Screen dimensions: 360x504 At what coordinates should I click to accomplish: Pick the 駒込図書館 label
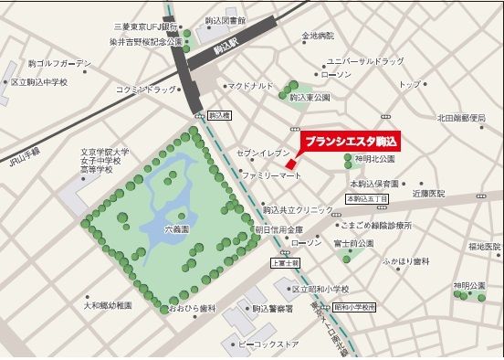coord(225,19)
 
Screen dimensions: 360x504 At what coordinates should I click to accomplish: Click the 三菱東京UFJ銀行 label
coord(142,26)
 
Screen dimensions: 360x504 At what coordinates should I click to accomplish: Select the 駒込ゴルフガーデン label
coord(61,63)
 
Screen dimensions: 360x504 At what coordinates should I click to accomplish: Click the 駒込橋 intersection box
coord(218,116)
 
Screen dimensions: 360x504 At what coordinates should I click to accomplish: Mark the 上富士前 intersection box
coord(285,262)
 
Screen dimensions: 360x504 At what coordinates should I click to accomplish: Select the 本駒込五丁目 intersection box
coord(366,197)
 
